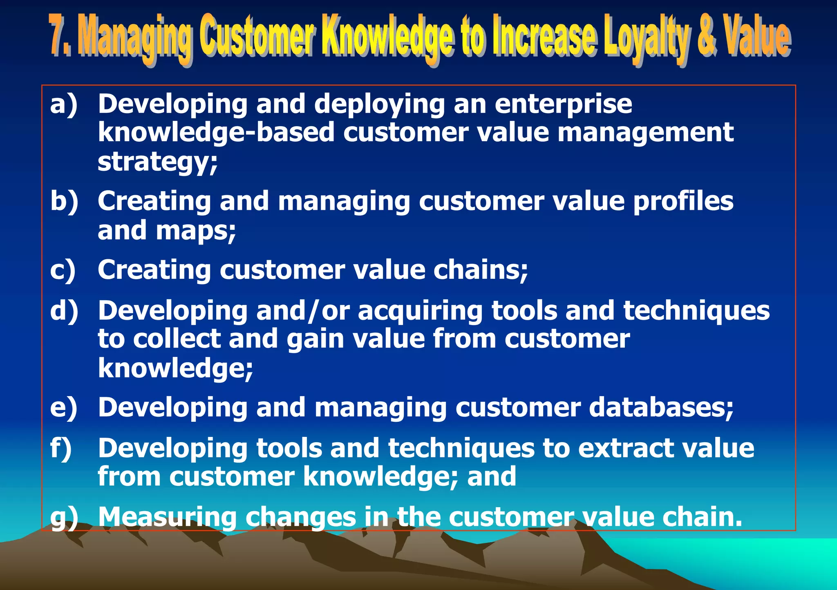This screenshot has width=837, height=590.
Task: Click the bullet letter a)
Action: (63, 104)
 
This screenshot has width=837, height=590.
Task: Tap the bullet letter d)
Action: (64, 311)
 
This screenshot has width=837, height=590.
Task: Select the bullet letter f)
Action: (61, 448)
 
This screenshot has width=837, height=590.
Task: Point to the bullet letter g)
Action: (64, 517)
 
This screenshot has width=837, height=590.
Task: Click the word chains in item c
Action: (480, 270)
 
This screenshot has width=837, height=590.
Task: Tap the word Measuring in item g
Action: (167, 517)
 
